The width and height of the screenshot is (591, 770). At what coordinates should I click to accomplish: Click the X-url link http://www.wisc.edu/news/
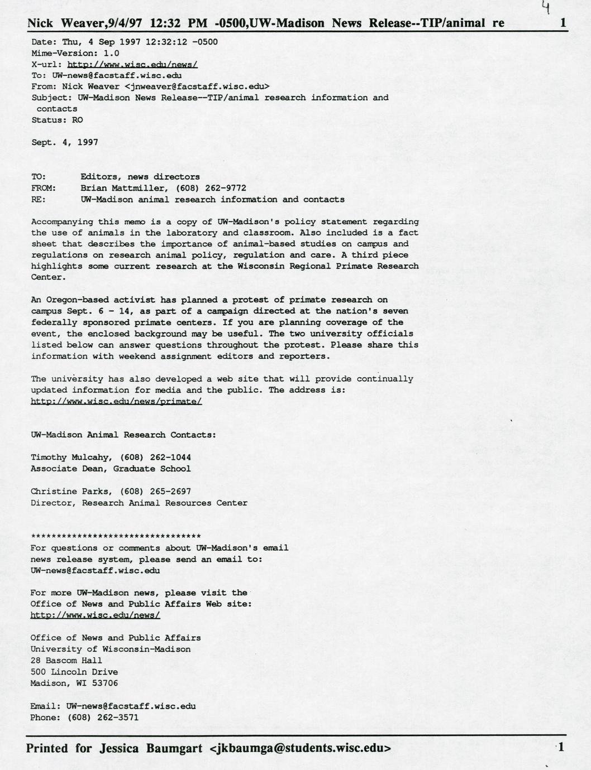tap(132, 64)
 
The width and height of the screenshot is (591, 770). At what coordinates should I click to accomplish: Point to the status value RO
tap(77, 120)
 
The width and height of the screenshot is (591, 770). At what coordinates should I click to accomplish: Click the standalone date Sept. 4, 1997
tap(64, 142)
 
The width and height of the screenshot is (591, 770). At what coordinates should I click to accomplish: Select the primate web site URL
tap(116, 401)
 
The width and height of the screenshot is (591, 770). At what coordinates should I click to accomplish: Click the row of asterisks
tap(116, 536)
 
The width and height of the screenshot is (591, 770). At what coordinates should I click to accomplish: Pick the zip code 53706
tap(103, 683)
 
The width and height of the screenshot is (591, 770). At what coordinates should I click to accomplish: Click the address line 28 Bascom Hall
tap(66, 661)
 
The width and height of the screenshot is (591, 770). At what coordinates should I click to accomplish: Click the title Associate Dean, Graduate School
tap(111, 469)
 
